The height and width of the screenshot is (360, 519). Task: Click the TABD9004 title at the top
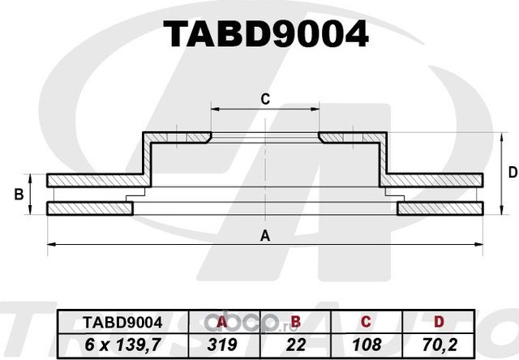(267, 34)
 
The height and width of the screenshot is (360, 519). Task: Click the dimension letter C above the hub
(264, 100)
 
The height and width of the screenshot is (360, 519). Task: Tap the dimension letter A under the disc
(264, 236)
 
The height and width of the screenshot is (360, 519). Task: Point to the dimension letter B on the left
(17, 195)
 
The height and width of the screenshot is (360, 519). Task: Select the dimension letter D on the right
(512, 172)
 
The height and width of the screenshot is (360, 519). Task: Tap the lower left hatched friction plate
(89, 209)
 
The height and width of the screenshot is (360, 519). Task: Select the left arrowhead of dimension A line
(51, 244)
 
